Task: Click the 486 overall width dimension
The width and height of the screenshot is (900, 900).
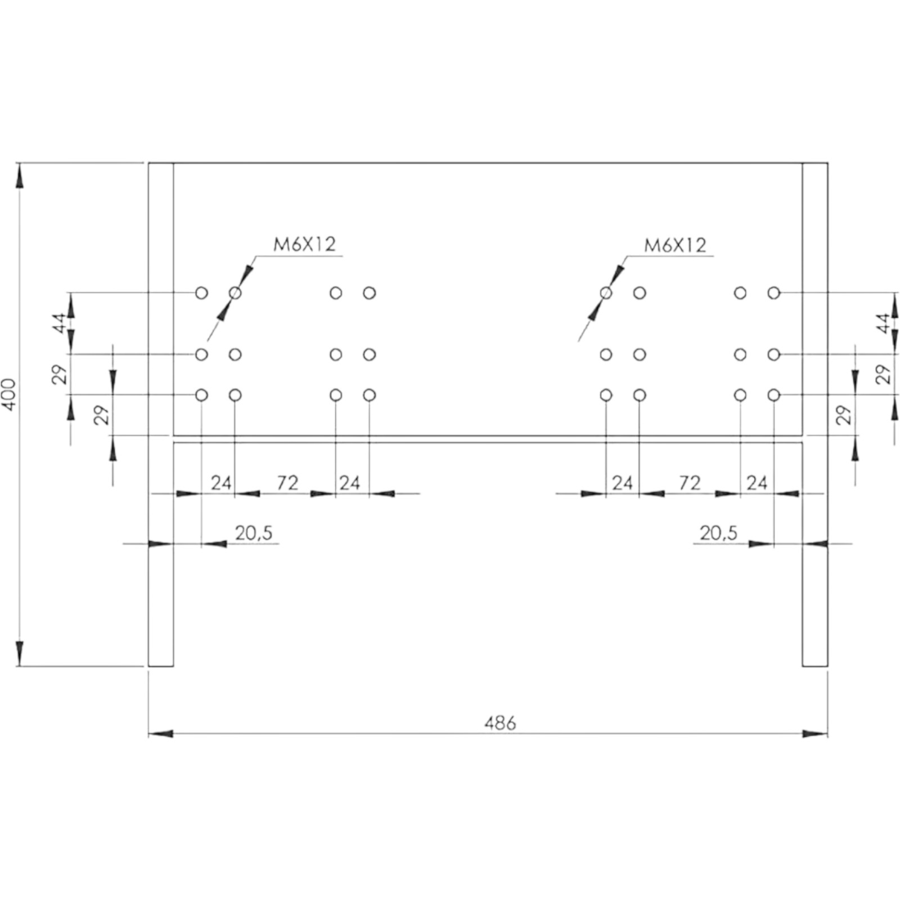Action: [500, 723]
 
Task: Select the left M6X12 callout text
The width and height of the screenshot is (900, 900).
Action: [304, 244]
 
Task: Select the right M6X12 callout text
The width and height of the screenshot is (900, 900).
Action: [675, 245]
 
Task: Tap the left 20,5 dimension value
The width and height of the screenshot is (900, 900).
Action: [254, 533]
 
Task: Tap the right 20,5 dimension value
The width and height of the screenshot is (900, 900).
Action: [718, 533]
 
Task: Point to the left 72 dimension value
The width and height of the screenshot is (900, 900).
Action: [287, 483]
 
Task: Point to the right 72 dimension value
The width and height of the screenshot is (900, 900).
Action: [690, 483]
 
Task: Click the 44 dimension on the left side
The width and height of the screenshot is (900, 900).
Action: [60, 324]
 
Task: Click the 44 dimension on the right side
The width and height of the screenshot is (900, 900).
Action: [884, 324]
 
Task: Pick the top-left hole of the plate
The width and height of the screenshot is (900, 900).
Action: [201, 293]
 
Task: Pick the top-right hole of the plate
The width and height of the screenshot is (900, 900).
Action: [774, 293]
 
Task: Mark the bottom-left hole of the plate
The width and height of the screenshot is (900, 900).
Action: [201, 395]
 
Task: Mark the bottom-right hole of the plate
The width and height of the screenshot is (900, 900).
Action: [774, 395]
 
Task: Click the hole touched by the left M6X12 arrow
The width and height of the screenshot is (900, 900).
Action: [235, 293]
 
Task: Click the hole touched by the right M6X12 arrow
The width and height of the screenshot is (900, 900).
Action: [606, 293]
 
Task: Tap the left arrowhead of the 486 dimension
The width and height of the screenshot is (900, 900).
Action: [161, 733]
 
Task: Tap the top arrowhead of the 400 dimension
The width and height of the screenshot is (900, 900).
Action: [20, 175]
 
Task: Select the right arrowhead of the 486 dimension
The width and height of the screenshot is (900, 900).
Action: [815, 733]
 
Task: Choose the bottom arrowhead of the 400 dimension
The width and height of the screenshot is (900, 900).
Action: [20, 654]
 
